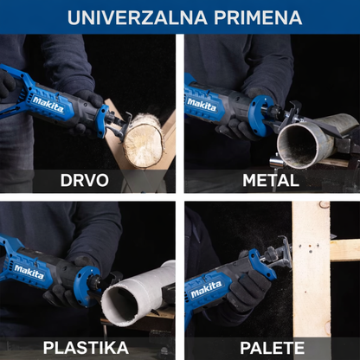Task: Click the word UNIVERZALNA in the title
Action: point(138,17)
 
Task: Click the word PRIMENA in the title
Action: point(258,17)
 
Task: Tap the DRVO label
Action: point(85,181)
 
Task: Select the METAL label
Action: point(271,181)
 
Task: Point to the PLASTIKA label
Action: point(86,348)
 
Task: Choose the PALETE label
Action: point(272,348)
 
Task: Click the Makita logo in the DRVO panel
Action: point(48,105)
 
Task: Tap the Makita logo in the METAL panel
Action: point(202,105)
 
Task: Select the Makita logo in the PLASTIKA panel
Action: point(29,272)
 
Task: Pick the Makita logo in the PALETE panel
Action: point(206,289)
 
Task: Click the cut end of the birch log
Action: point(144,145)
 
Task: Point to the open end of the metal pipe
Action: point(298,146)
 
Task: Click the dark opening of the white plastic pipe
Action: point(119,305)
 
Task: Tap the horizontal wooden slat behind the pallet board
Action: point(345,250)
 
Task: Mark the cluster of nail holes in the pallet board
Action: point(309,248)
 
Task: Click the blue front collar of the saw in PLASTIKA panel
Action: point(86,286)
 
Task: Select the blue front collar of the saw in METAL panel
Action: point(262,115)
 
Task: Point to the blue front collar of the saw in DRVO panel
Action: point(103,120)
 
